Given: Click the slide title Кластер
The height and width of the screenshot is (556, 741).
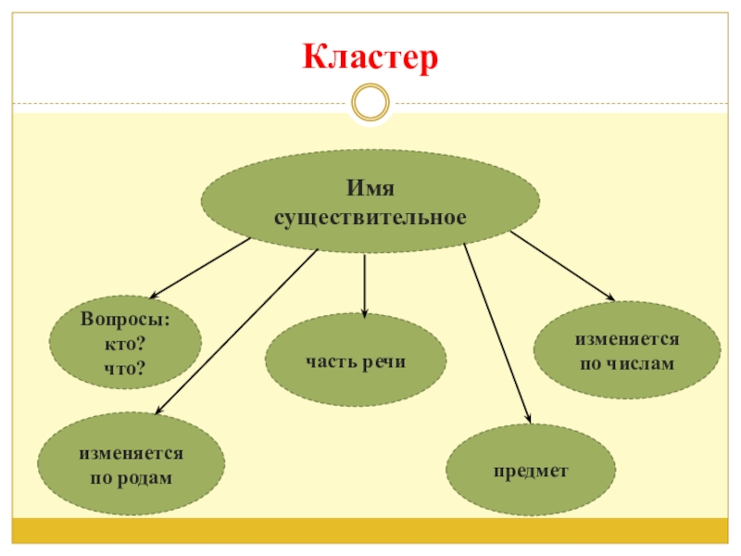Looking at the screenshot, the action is tap(370, 59).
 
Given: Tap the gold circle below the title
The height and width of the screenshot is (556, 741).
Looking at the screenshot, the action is tap(370, 102).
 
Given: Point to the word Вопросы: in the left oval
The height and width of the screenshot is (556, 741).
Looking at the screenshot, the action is tap(124, 319).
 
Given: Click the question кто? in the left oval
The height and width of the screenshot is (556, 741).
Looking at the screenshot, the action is tap(125, 345).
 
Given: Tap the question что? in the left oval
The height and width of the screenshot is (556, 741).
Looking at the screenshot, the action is tap(125, 369).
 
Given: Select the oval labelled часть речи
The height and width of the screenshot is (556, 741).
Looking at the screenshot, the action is tap(356, 360).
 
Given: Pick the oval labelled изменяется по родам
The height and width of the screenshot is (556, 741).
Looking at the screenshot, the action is tap(130, 463).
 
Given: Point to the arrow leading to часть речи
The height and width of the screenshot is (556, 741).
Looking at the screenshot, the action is tap(365, 285).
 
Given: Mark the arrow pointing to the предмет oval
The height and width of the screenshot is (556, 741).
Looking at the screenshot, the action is tap(497, 335).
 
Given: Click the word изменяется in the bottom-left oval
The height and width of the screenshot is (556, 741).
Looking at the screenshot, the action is tap(130, 454).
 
